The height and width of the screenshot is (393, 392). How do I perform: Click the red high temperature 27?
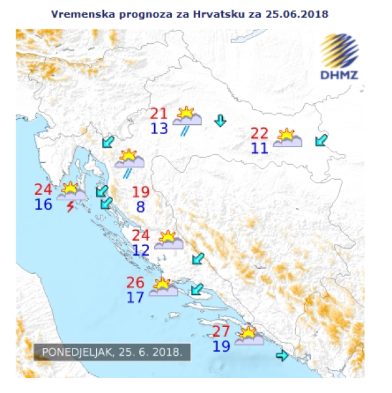pyautogui.click(x=221, y=330)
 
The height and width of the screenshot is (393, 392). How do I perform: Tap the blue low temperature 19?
pyautogui.click(x=221, y=345)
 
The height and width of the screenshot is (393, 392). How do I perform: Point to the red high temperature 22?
pyautogui.click(x=259, y=133)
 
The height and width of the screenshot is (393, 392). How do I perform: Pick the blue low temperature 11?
pyautogui.click(x=259, y=148)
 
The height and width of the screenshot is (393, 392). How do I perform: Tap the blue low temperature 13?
pyautogui.click(x=159, y=129)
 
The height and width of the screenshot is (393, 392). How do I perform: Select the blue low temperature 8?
pyautogui.click(x=140, y=208)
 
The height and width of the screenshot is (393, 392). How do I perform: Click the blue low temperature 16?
pyautogui.click(x=43, y=205)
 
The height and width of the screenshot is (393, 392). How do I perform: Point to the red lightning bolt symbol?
pyautogui.click(x=70, y=207)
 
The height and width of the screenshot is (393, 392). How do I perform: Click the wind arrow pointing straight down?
pyautogui.click(x=220, y=120)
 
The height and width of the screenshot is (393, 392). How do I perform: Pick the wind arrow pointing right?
pyautogui.click(x=282, y=356)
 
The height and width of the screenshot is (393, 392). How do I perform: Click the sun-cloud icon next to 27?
pyautogui.click(x=248, y=336)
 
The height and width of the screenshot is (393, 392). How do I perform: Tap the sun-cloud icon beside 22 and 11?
pyautogui.click(x=287, y=138)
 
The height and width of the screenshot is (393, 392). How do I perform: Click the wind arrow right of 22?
pyautogui.click(x=321, y=139)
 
